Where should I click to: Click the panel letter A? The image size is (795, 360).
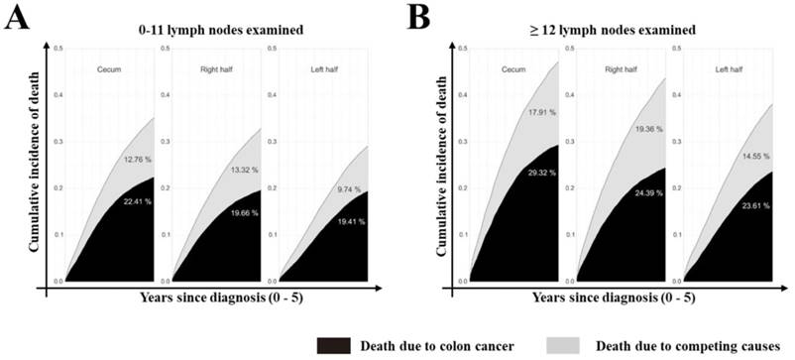click(17, 19)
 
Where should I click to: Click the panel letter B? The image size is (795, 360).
click(420, 19)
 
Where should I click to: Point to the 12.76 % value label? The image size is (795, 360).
click(140, 160)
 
